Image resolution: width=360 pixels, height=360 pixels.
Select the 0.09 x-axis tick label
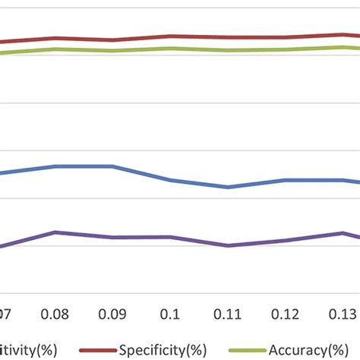113,313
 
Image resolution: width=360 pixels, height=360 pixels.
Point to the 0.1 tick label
171,313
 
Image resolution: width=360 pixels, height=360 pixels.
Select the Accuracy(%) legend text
311,349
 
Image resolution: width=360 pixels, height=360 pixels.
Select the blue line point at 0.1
171,181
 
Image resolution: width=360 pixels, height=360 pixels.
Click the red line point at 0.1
171,36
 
